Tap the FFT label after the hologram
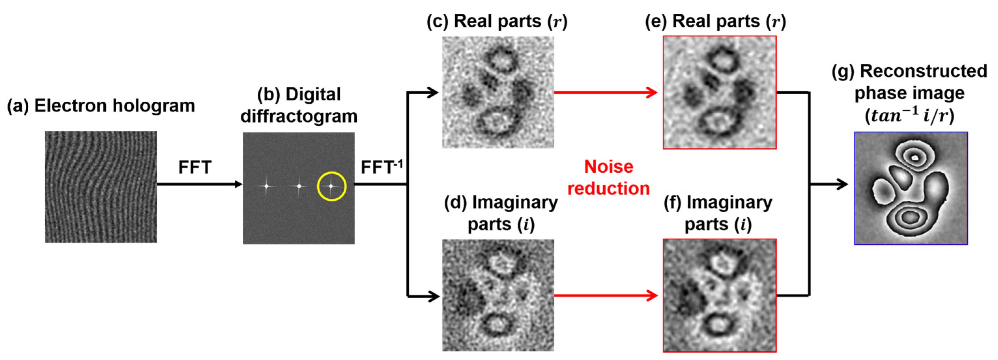pyautogui.click(x=194, y=168)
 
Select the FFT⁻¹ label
pyautogui.click(x=381, y=167)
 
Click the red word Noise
pyautogui.click(x=609, y=166)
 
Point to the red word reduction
pyautogui.click(x=609, y=189)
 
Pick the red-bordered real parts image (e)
pyautogui.click(x=720, y=92)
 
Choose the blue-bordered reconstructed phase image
pyautogui.click(x=910, y=188)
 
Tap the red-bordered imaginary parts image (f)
pyautogui.click(x=720, y=295)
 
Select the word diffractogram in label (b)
pyautogui.click(x=299, y=116)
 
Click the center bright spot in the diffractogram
pyautogui.click(x=299, y=186)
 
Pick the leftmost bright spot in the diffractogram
pyautogui.click(x=266, y=186)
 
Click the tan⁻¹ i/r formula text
pyautogui.click(x=909, y=115)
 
